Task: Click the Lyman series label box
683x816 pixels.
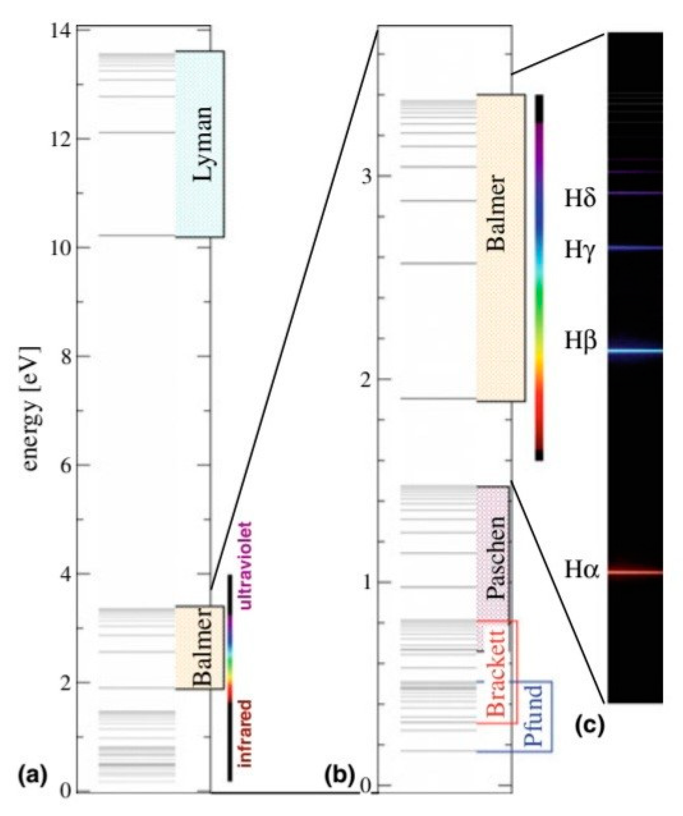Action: (200, 144)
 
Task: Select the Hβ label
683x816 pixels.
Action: (580, 341)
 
